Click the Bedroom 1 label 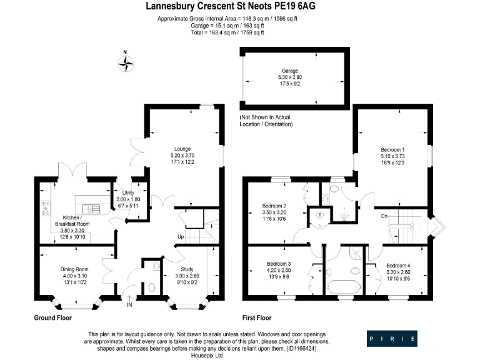pos(395,150)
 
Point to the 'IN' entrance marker pos(129,306)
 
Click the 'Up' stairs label pos(181,237)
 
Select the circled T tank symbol pos(319,214)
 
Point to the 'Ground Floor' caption pos(52,318)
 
